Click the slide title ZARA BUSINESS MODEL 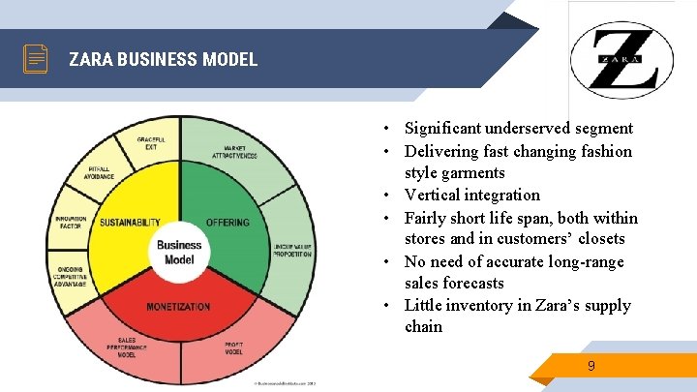[163, 59]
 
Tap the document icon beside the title [36, 59]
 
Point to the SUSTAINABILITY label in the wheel [130, 223]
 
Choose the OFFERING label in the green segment [227, 223]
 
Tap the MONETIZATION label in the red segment [178, 307]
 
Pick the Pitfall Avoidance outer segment [99, 174]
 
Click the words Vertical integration [471, 195]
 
